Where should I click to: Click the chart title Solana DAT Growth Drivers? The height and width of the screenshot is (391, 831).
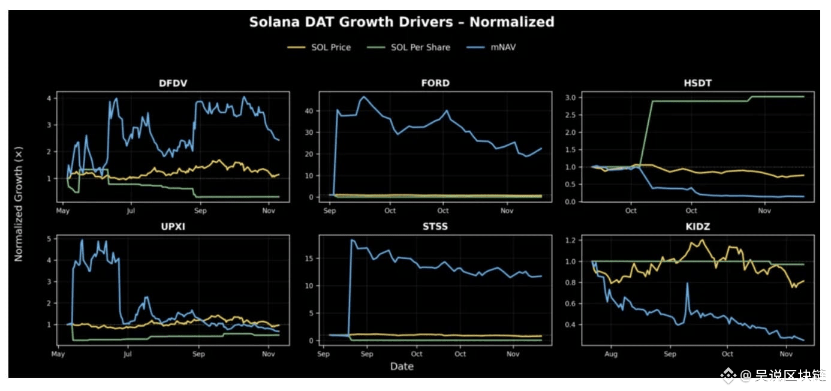click(401, 22)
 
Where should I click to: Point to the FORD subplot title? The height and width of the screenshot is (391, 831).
click(435, 83)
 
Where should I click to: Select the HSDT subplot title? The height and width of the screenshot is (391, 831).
click(697, 83)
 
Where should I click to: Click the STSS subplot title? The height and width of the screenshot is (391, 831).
click(435, 227)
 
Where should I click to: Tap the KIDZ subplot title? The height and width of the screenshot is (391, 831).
click(697, 227)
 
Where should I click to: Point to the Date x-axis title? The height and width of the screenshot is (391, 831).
click(402, 366)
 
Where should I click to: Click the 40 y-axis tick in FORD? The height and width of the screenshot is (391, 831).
click(310, 111)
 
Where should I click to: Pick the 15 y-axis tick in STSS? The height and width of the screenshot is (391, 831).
click(310, 258)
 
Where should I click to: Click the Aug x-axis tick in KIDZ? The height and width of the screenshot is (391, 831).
click(612, 354)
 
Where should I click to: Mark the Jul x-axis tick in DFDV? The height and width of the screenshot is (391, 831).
click(131, 211)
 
